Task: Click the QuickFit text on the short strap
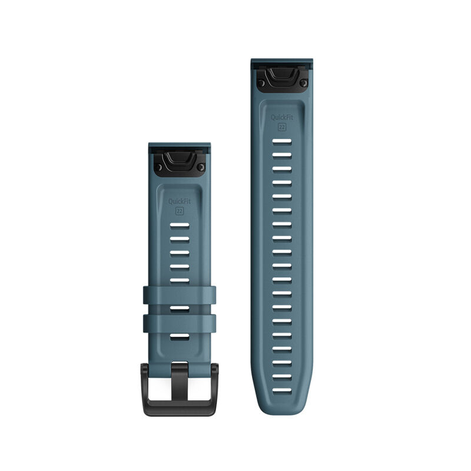(x=180, y=201)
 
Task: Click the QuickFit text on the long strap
(x=282, y=117)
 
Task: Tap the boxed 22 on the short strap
(x=180, y=211)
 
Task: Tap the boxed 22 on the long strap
(x=282, y=127)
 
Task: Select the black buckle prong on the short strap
(x=180, y=382)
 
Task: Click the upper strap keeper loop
(x=180, y=296)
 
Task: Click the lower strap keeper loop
(x=180, y=323)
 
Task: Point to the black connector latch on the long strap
(x=282, y=79)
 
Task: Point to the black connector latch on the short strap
(x=180, y=164)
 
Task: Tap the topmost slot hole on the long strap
(x=282, y=141)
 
